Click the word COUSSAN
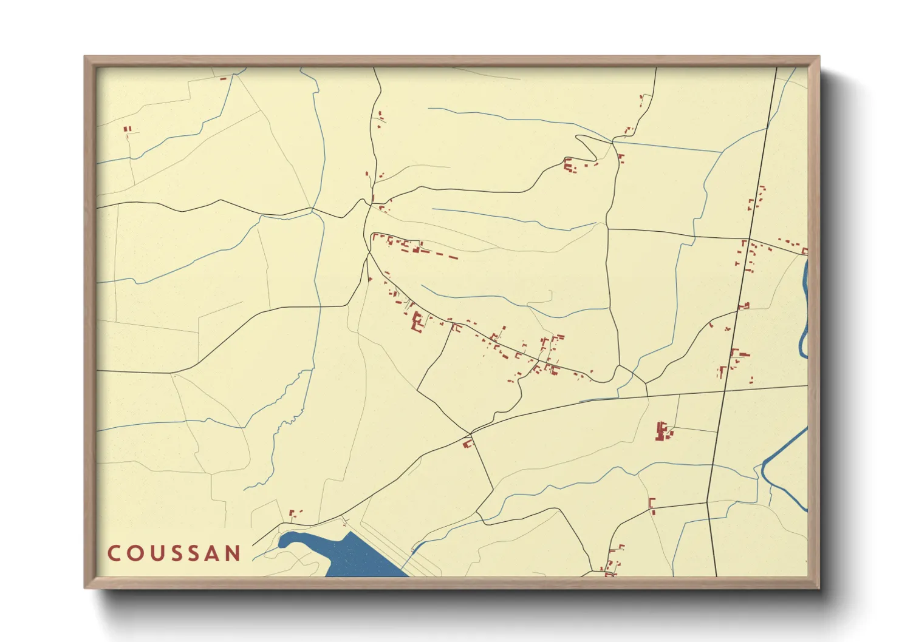pos(174,553)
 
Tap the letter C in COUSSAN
pos(114,553)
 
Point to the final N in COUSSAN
pos(233,553)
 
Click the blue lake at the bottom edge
pos(352,555)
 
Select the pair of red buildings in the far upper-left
pos(127,129)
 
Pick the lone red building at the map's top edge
pos(222,78)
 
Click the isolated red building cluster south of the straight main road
pos(663,431)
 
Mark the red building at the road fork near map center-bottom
pos(467,443)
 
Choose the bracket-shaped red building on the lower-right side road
pos(652,505)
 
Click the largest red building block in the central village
pos(417,321)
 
